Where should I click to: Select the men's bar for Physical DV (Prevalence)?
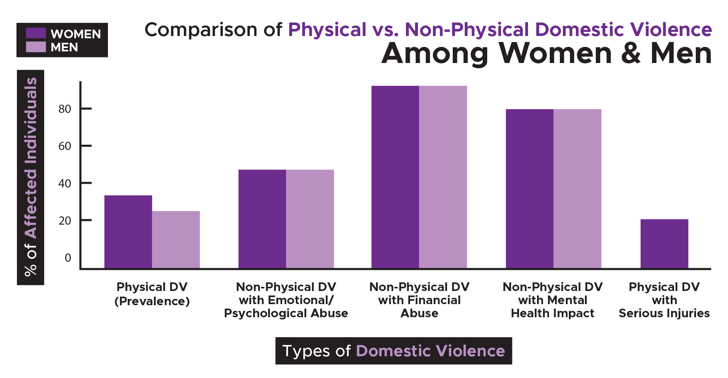click(x=176, y=240)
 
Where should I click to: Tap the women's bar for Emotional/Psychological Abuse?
click(x=262, y=219)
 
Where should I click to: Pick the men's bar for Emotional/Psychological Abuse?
click(x=310, y=219)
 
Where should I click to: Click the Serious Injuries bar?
click(x=664, y=244)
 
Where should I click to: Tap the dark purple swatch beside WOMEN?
click(x=36, y=33)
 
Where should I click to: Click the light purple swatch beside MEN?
click(x=36, y=47)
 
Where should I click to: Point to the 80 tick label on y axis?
click(x=64, y=109)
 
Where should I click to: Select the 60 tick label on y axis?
click(x=64, y=146)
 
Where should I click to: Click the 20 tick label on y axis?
click(x=64, y=221)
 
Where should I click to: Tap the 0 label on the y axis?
click(x=68, y=258)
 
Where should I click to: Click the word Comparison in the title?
click(x=201, y=30)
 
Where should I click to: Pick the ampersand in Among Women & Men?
click(x=631, y=54)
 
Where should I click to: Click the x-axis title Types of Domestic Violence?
click(x=394, y=351)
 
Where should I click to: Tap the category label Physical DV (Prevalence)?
click(x=152, y=294)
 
